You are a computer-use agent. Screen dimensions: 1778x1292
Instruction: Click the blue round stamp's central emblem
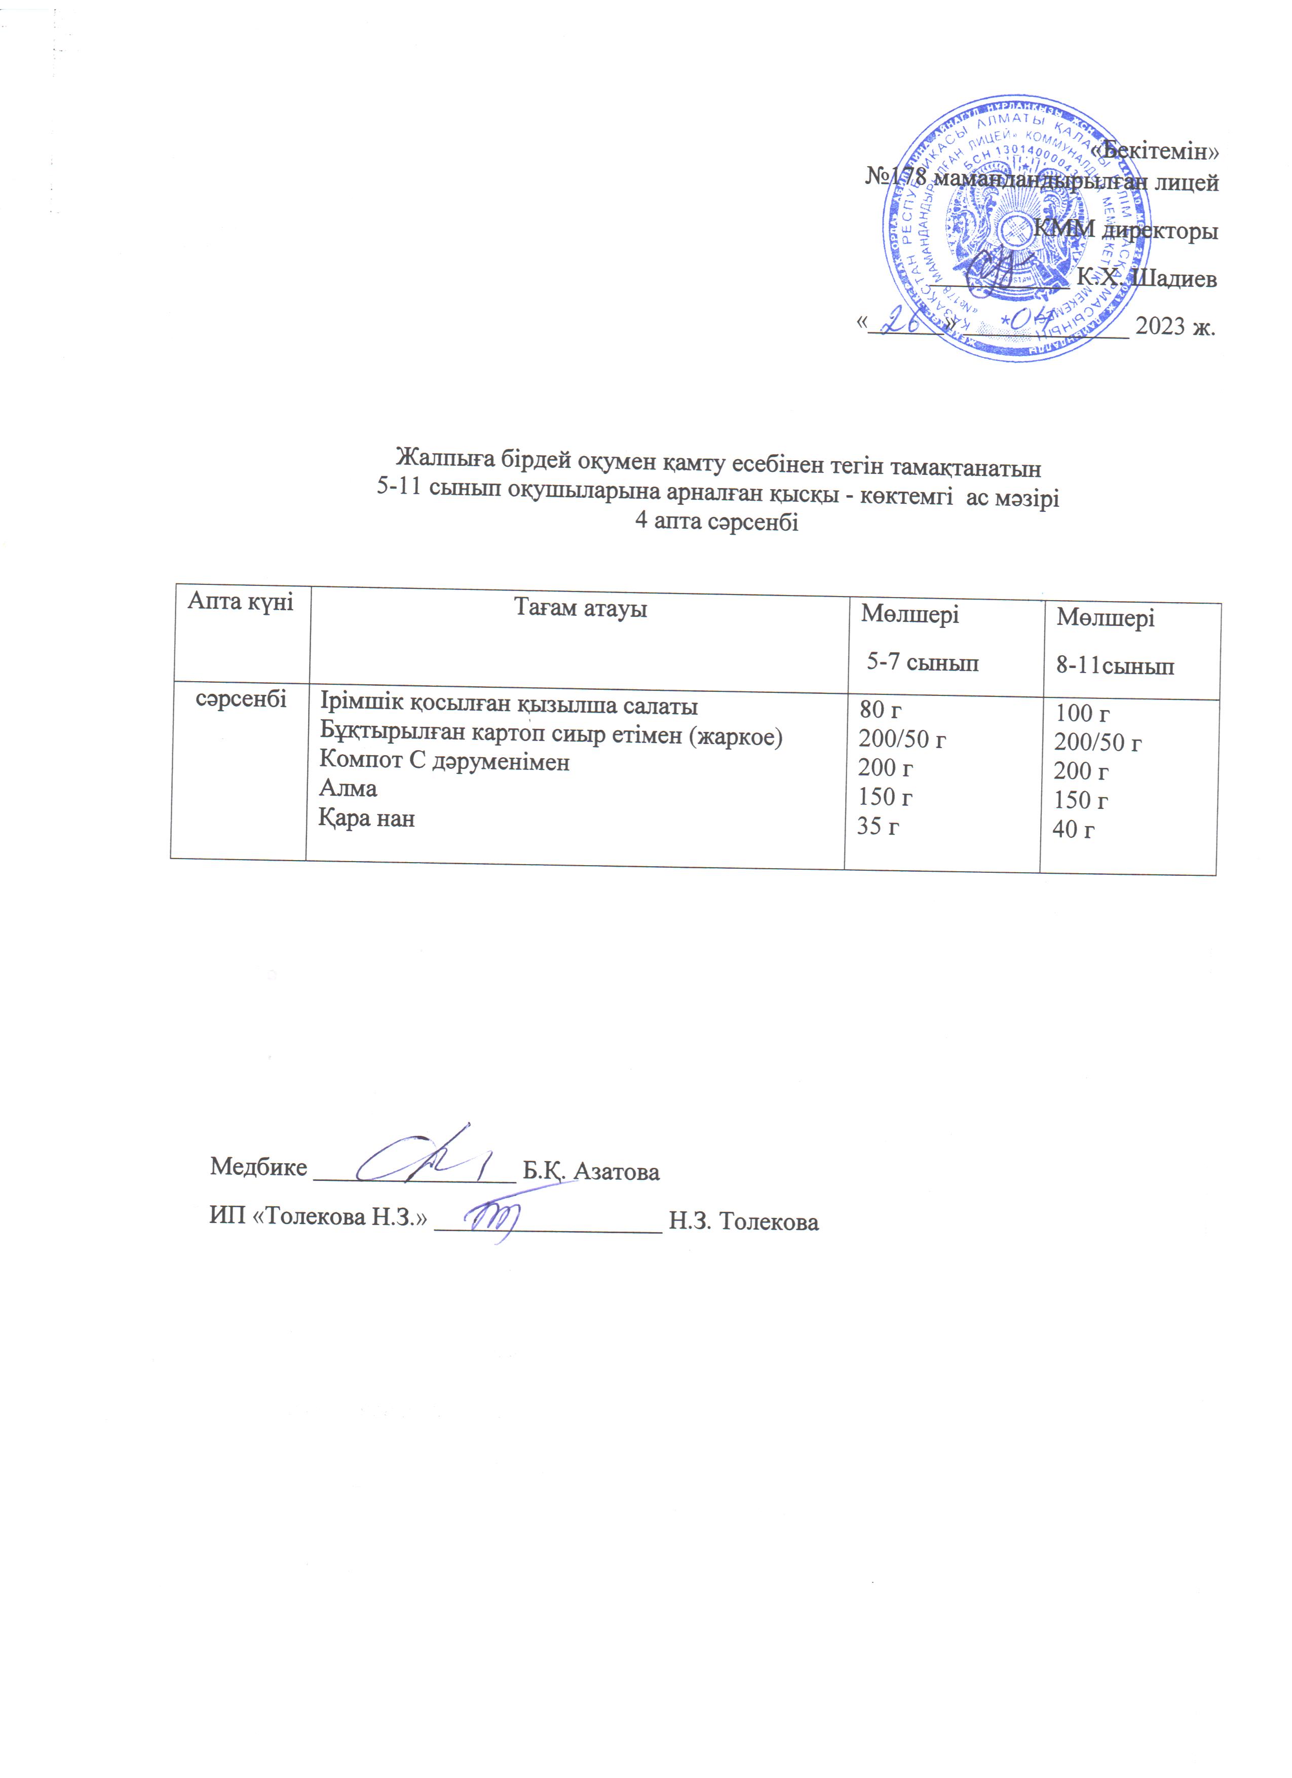click(x=1012, y=228)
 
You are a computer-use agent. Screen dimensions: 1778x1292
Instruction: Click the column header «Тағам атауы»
click(x=580, y=608)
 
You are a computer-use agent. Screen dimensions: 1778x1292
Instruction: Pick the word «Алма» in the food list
click(x=348, y=788)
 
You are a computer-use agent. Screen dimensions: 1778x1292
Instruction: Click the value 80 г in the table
click(x=880, y=710)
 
